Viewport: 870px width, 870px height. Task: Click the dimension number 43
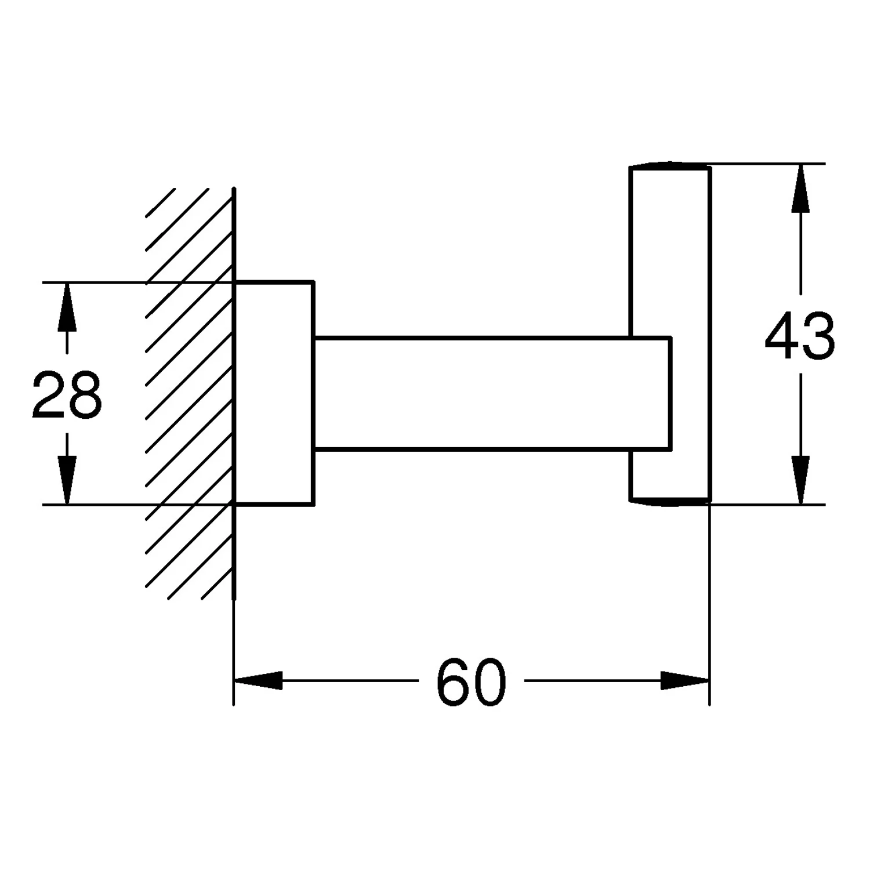coord(800,336)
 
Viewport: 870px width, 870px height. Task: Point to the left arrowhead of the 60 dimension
coord(258,680)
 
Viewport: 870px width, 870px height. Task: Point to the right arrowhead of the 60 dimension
coord(685,680)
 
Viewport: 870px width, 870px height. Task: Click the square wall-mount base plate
coord(274,393)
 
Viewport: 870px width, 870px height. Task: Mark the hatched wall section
coord(190,393)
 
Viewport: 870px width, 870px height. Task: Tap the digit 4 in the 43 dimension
coord(782,336)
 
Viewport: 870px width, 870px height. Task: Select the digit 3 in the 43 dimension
coord(819,336)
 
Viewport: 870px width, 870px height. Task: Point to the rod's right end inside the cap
coord(670,393)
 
